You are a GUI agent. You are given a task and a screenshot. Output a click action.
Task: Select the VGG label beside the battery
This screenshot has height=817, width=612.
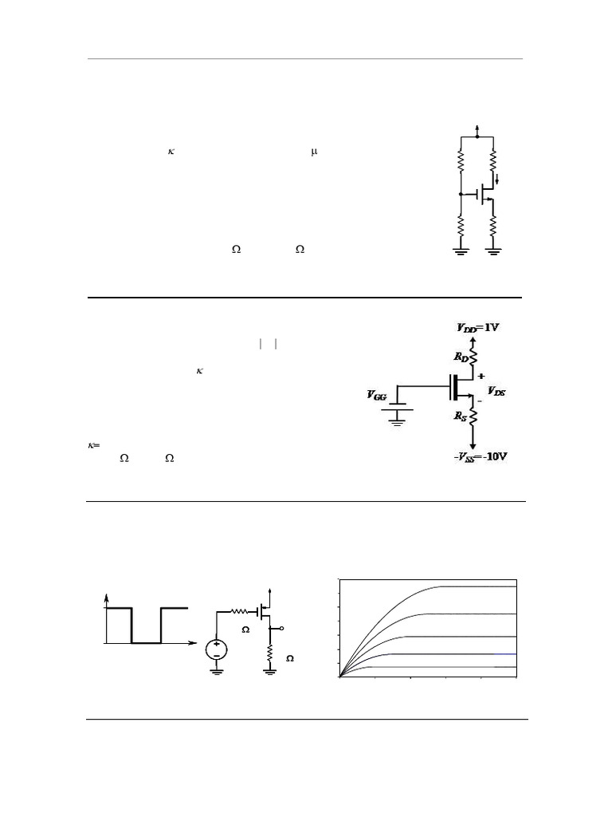[377, 394]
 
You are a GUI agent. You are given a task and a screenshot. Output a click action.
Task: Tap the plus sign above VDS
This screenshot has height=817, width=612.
[481, 376]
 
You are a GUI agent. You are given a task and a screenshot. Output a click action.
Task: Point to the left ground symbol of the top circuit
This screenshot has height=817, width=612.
[461, 253]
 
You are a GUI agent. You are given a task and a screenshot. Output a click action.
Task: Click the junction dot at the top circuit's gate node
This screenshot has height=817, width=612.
[461, 194]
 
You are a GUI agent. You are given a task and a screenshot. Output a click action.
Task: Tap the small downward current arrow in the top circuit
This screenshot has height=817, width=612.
[498, 178]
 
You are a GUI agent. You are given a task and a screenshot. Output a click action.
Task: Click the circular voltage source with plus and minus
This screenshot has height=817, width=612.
[217, 649]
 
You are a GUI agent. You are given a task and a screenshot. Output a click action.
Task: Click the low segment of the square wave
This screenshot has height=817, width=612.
[146, 641]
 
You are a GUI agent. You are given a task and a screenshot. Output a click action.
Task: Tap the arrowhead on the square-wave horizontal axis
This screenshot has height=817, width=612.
[193, 641]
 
